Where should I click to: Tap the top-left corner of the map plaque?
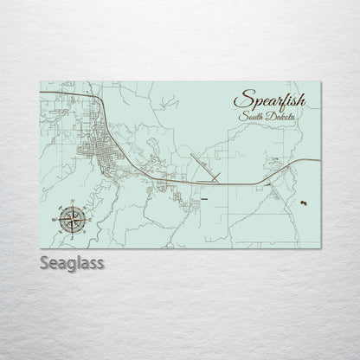[x=42, y=80]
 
